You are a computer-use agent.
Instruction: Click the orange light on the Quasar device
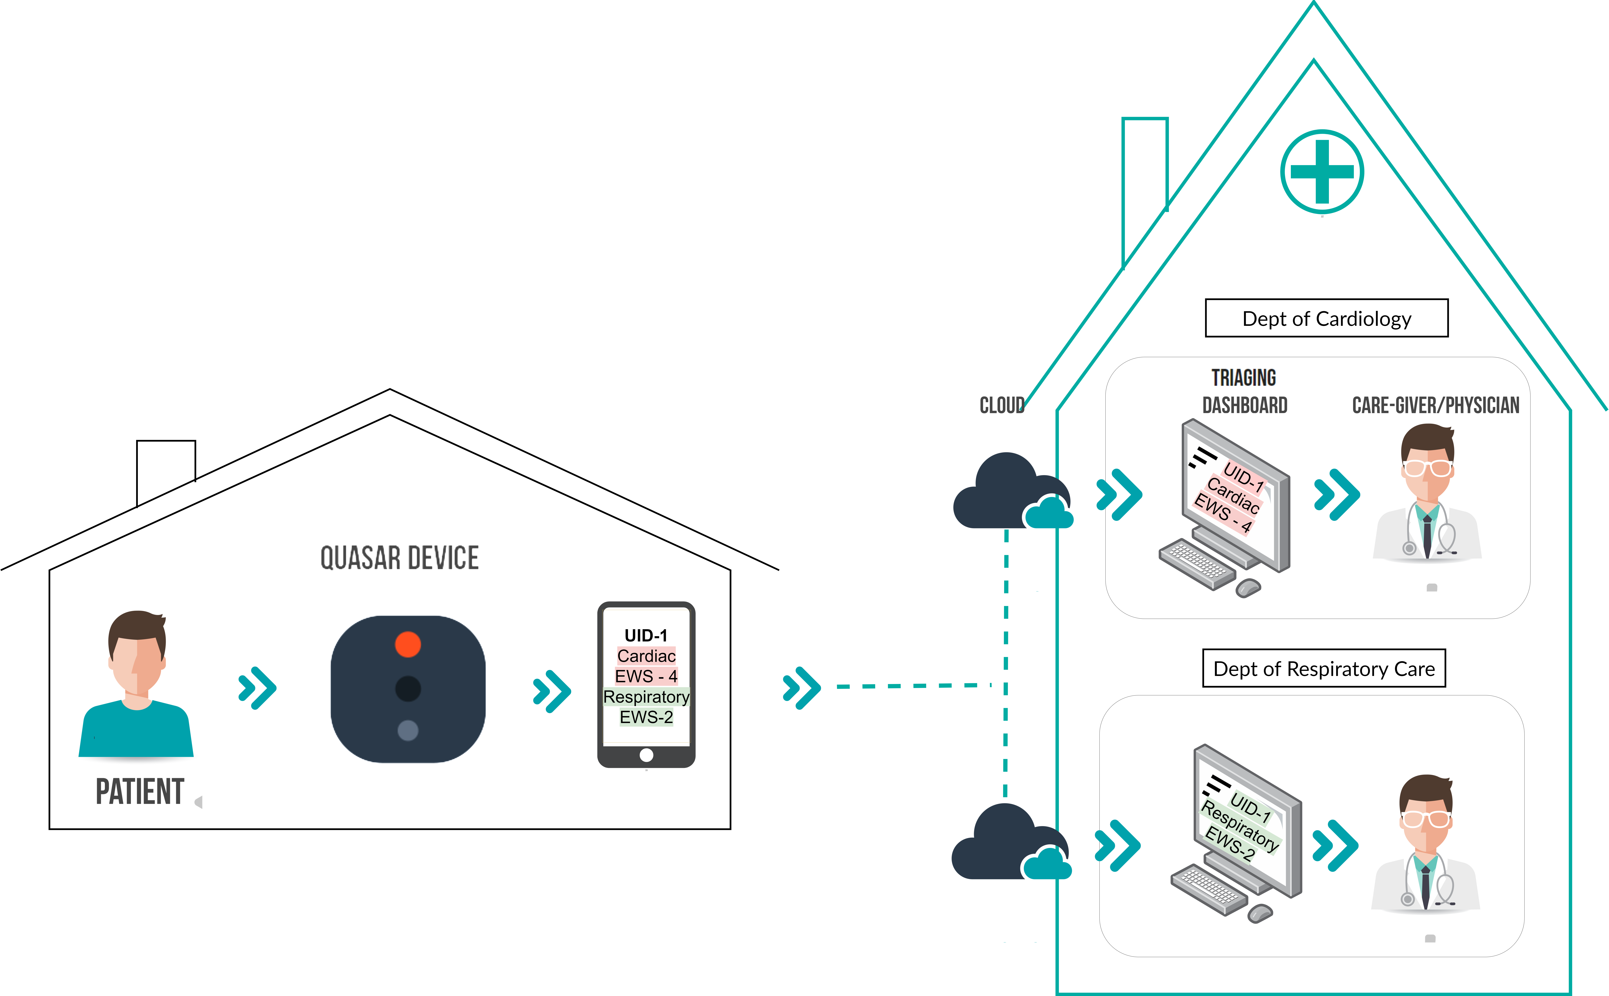pos(408,644)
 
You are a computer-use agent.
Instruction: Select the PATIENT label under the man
pos(140,792)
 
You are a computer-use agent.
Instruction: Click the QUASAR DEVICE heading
pos(399,558)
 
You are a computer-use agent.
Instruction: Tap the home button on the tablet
pos(646,755)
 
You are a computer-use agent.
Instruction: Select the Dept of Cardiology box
pos(1327,318)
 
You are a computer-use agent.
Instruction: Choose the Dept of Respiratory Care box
pos(1324,669)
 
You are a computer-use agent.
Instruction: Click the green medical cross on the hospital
pos(1322,172)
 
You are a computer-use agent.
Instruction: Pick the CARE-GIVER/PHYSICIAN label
pos(1436,405)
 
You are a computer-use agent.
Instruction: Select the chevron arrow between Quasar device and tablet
pos(552,692)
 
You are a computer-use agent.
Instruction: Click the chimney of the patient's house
pos(166,471)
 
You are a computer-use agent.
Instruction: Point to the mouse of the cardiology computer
pos(1248,588)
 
